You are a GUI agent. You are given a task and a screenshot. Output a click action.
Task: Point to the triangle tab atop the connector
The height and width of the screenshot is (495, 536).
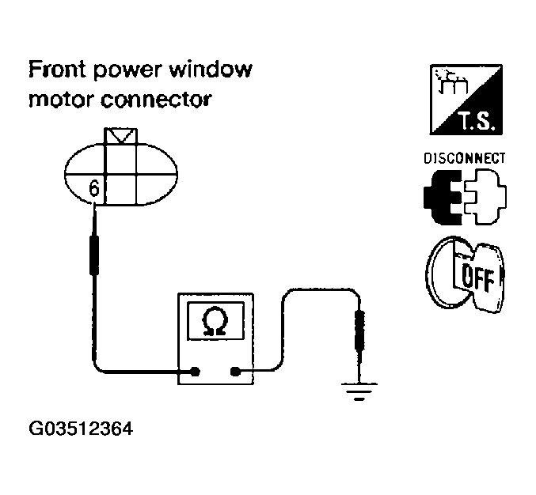click(x=121, y=137)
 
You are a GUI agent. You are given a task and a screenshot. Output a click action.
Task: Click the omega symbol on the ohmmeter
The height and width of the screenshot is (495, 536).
click(x=214, y=323)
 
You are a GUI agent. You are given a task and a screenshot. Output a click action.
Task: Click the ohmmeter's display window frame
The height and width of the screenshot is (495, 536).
click(x=214, y=323)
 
